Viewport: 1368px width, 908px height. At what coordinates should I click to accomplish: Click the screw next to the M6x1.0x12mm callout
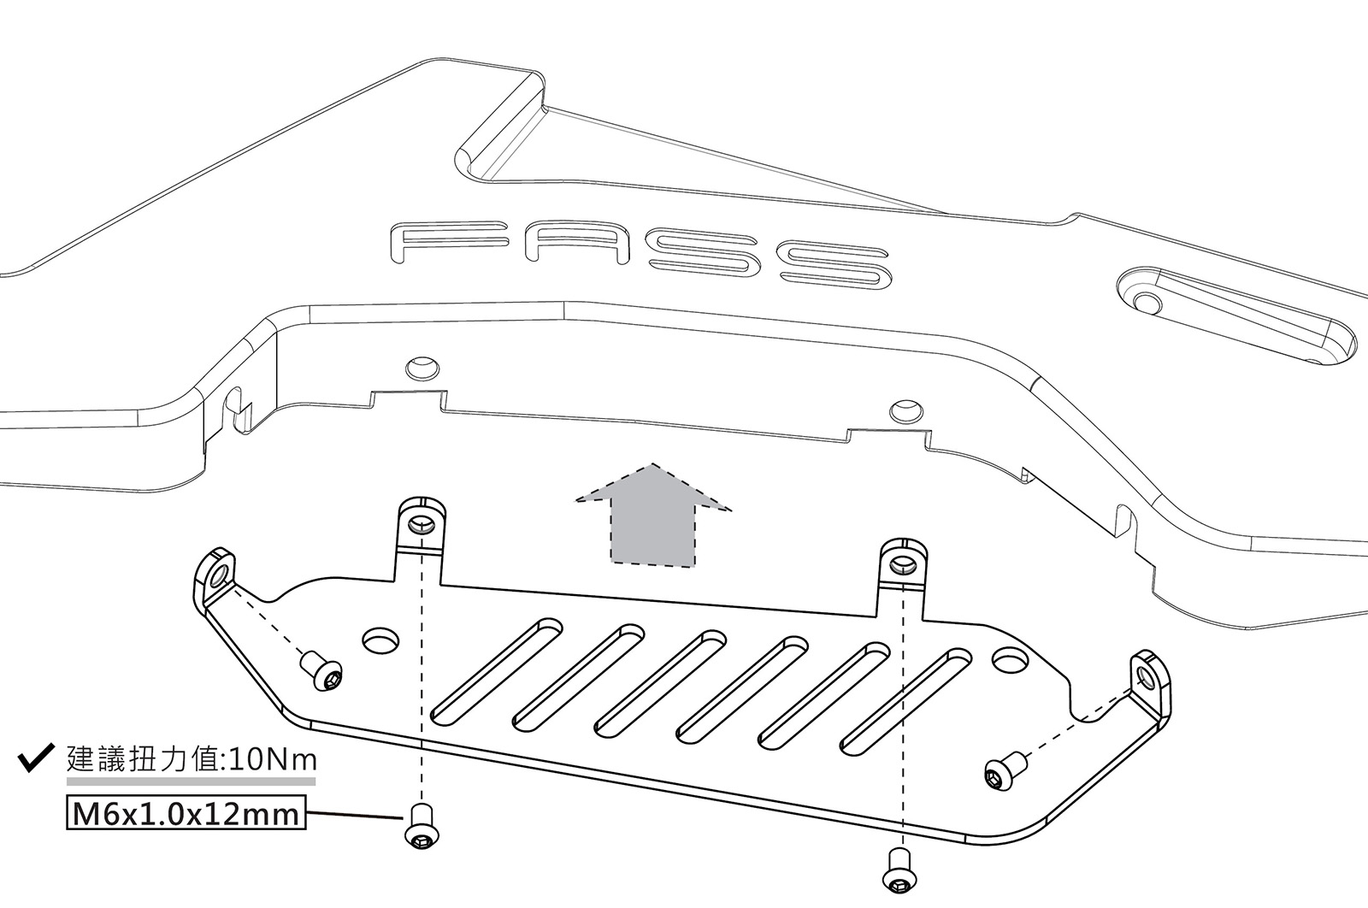(x=419, y=828)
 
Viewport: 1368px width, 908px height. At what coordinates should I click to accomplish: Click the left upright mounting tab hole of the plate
(x=420, y=524)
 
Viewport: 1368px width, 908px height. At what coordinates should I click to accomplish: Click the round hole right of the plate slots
(x=1010, y=659)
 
